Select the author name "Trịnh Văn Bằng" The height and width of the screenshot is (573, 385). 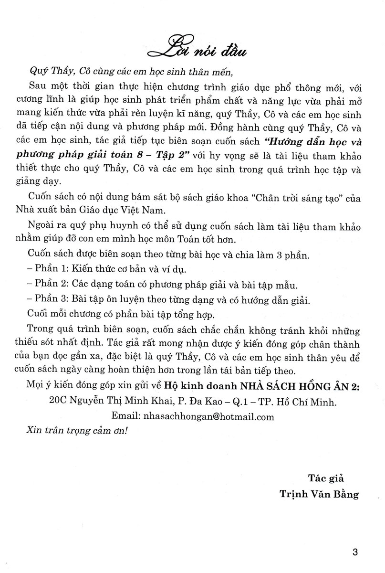320,494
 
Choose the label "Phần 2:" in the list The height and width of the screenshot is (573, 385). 52,286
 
